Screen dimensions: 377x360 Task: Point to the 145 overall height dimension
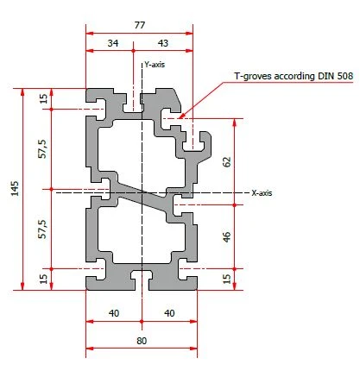tap(15, 189)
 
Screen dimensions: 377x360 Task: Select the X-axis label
tap(262, 193)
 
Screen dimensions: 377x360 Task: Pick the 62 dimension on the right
tap(227, 161)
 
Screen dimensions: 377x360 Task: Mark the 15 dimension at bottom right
tap(227, 278)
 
